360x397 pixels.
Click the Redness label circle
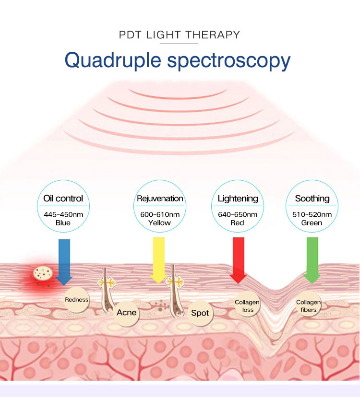tap(77, 300)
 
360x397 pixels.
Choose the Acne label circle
tap(127, 313)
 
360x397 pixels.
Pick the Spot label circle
tap(200, 313)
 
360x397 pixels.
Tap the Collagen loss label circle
tap(247, 306)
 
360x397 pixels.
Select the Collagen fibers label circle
tap(308, 306)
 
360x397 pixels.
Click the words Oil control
tap(63, 198)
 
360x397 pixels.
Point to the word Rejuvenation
tap(160, 198)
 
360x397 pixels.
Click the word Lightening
tap(238, 198)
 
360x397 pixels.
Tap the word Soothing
tap(312, 198)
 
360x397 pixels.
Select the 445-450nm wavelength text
tap(63, 214)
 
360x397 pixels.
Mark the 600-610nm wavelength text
tap(160, 214)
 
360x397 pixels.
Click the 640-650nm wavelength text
tap(238, 214)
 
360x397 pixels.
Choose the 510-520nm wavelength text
tap(312, 214)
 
